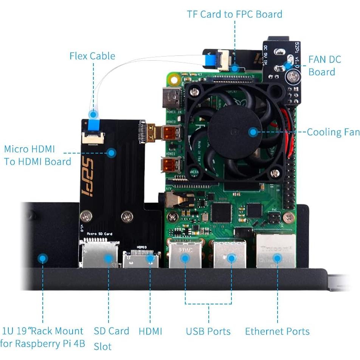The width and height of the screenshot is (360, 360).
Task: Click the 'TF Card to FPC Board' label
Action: tap(234, 14)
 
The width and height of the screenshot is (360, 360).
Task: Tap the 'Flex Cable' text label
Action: tap(92, 56)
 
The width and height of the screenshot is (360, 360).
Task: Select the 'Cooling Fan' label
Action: tap(333, 132)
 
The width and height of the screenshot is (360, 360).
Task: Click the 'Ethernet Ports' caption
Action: tap(277, 332)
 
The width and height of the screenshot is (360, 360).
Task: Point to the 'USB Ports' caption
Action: tap(208, 332)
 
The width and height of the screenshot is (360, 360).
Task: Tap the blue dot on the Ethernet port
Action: tap(277, 259)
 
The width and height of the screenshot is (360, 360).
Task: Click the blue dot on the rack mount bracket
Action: tap(43, 259)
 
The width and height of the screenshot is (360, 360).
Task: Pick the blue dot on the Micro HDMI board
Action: tap(111, 153)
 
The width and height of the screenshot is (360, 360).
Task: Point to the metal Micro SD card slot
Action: tap(99, 254)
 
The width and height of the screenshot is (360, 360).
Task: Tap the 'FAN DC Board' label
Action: tap(324, 65)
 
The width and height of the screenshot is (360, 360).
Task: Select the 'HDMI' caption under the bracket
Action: tap(150, 332)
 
